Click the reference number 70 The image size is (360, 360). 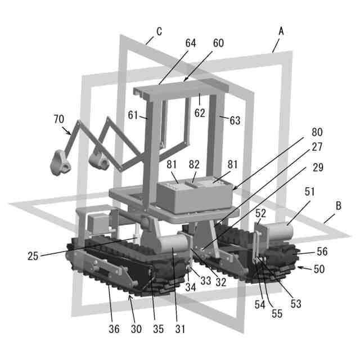coord(58,119)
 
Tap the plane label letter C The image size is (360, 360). coord(159,31)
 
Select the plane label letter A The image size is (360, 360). coord(281,31)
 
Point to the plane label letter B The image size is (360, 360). coord(339,206)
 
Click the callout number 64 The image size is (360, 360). coord(191,43)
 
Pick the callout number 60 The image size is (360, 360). coord(218,43)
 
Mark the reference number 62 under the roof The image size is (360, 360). coord(200,112)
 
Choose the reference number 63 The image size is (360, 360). coord(235,120)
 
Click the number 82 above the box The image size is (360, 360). coord(194,164)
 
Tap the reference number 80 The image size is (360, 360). coord(317,132)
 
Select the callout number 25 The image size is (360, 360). coord(33,256)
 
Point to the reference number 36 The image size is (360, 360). coord(114,329)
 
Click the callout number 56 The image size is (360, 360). coord(322,251)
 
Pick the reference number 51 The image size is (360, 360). coord(310,192)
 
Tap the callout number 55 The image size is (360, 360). coord(277,314)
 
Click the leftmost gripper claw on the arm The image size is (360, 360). coord(60,163)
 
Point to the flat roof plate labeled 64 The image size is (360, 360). coord(181,90)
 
